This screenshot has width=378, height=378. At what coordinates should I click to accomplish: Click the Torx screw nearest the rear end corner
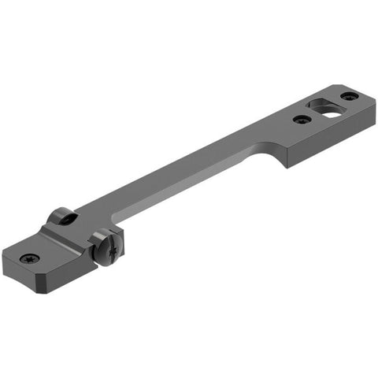pyautogui.click(x=349, y=96)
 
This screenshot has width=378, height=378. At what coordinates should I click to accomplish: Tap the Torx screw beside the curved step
pyautogui.click(x=302, y=120)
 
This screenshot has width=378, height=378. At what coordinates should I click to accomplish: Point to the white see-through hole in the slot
pyautogui.click(x=332, y=111)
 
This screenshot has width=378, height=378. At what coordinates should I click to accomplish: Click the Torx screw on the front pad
pyautogui.click(x=30, y=258)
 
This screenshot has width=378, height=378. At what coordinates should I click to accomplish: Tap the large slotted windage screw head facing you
pyautogui.click(x=104, y=250)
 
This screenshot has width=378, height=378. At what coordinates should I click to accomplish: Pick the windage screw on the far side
pyautogui.click(x=61, y=217)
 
